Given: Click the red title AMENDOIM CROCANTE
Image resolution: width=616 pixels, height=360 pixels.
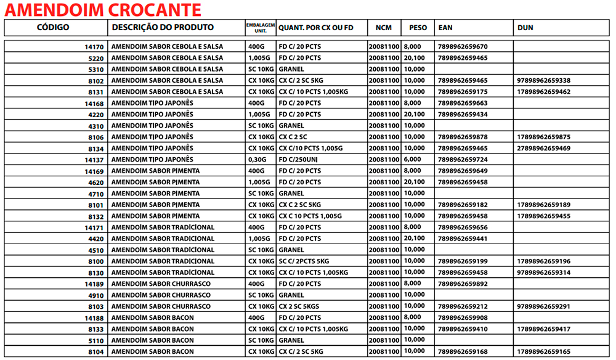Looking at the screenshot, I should (102, 10).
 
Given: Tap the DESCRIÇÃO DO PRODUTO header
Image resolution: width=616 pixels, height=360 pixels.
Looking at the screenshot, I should (163, 28).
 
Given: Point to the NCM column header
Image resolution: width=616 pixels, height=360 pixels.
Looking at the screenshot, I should (384, 28).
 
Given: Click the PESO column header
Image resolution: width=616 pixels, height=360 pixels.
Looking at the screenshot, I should (418, 28).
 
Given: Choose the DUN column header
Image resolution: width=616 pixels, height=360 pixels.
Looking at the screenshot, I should (525, 28).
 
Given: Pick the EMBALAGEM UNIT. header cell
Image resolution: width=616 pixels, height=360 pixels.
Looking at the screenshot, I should (260, 28).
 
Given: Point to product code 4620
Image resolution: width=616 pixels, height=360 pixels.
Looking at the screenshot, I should (96, 182).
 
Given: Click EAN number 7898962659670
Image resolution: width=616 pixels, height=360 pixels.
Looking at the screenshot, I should (461, 47).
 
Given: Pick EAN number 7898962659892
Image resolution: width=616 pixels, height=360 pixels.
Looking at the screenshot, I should (461, 284).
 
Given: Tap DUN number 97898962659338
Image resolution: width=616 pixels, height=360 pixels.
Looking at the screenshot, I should (544, 81).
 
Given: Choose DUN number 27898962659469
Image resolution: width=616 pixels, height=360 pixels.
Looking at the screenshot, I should (544, 149).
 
